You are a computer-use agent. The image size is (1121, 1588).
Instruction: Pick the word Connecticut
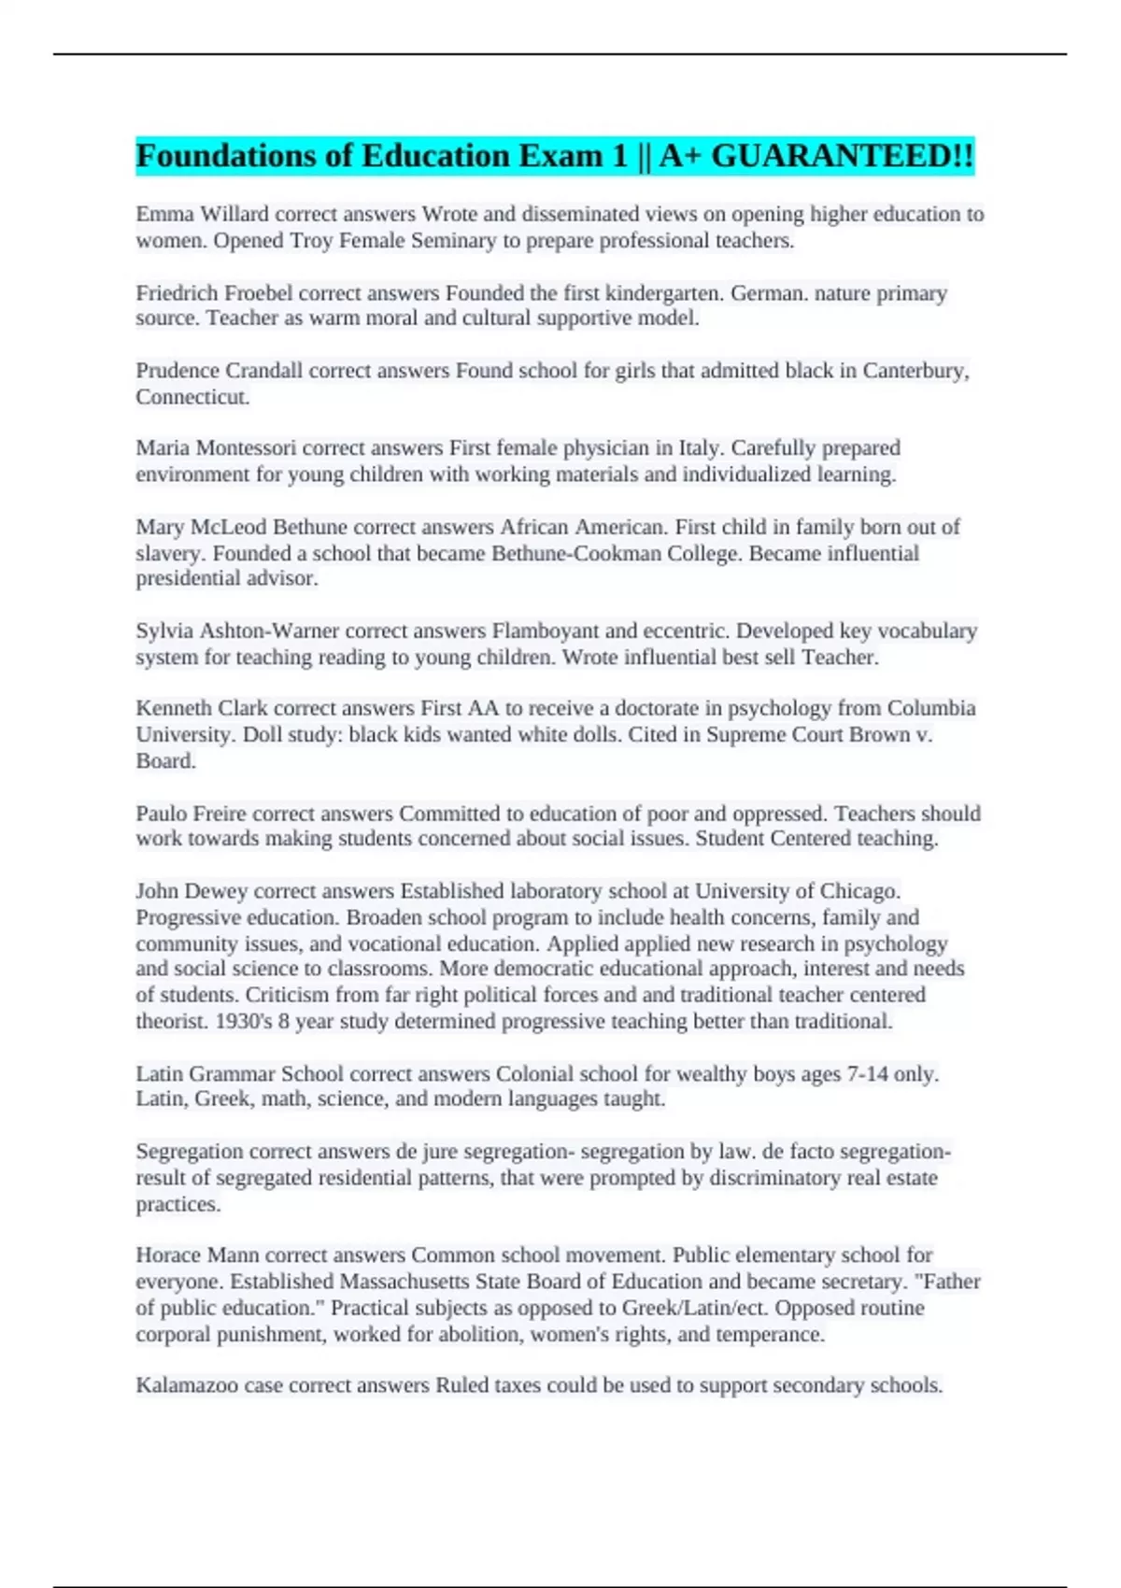click(192, 397)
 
